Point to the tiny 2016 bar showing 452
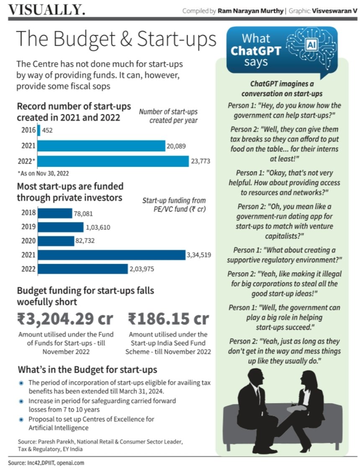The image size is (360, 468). pos(39,130)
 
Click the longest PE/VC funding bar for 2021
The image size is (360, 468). pos(111,255)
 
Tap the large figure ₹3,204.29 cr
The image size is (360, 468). pos(65,319)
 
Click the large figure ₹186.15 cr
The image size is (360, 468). pos(168,319)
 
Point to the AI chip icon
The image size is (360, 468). pos(311,44)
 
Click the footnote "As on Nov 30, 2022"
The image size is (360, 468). pos(43,173)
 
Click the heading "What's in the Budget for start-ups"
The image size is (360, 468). pos(87,370)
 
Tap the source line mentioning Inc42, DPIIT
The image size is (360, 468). pos(40,463)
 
